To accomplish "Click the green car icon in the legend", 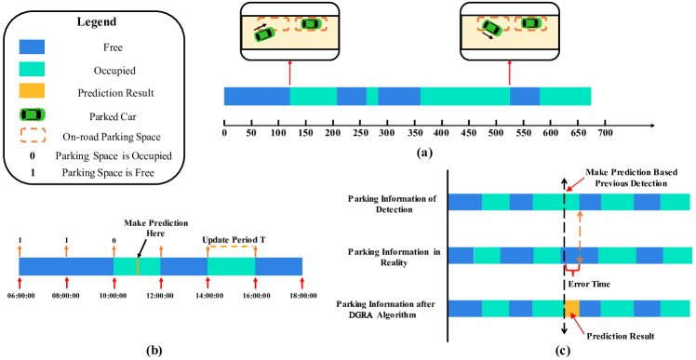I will pos(33,113).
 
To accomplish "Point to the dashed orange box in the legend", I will pos(33,136).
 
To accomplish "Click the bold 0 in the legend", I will pos(33,155).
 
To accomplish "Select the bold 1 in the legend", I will pos(33,173).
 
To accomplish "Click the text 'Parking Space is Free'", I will pos(108,173).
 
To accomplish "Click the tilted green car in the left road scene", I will pos(266,33).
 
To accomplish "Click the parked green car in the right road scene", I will pos(530,23).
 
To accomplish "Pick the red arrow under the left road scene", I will pos(290,73).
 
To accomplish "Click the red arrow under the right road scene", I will pos(509,73).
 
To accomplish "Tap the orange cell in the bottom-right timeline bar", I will pos(571,308).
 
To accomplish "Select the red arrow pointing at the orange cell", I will pos(580,327).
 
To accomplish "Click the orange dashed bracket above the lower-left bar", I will pos(231,247).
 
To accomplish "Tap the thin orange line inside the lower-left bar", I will pos(138,266).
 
